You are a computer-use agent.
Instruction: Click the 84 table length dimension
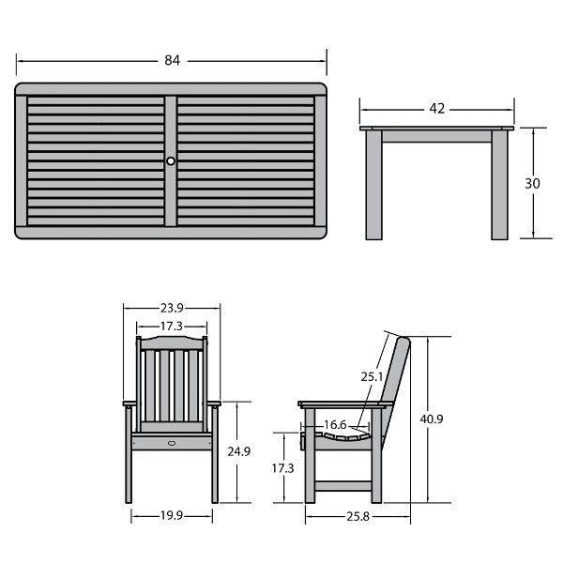pyautogui.click(x=173, y=60)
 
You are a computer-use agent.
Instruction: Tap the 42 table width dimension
pyautogui.click(x=437, y=109)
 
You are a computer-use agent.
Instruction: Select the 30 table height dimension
pyautogui.click(x=532, y=184)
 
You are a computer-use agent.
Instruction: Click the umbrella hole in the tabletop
pyautogui.click(x=171, y=160)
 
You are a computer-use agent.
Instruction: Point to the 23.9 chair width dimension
pyautogui.click(x=172, y=308)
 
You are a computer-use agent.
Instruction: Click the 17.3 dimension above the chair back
pyautogui.click(x=172, y=326)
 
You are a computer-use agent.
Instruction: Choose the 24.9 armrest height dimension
pyautogui.click(x=238, y=451)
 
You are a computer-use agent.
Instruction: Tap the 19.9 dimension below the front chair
pyautogui.click(x=172, y=515)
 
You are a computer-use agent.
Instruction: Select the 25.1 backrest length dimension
pyautogui.click(x=372, y=376)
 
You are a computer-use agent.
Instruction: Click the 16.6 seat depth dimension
pyautogui.click(x=335, y=425)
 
